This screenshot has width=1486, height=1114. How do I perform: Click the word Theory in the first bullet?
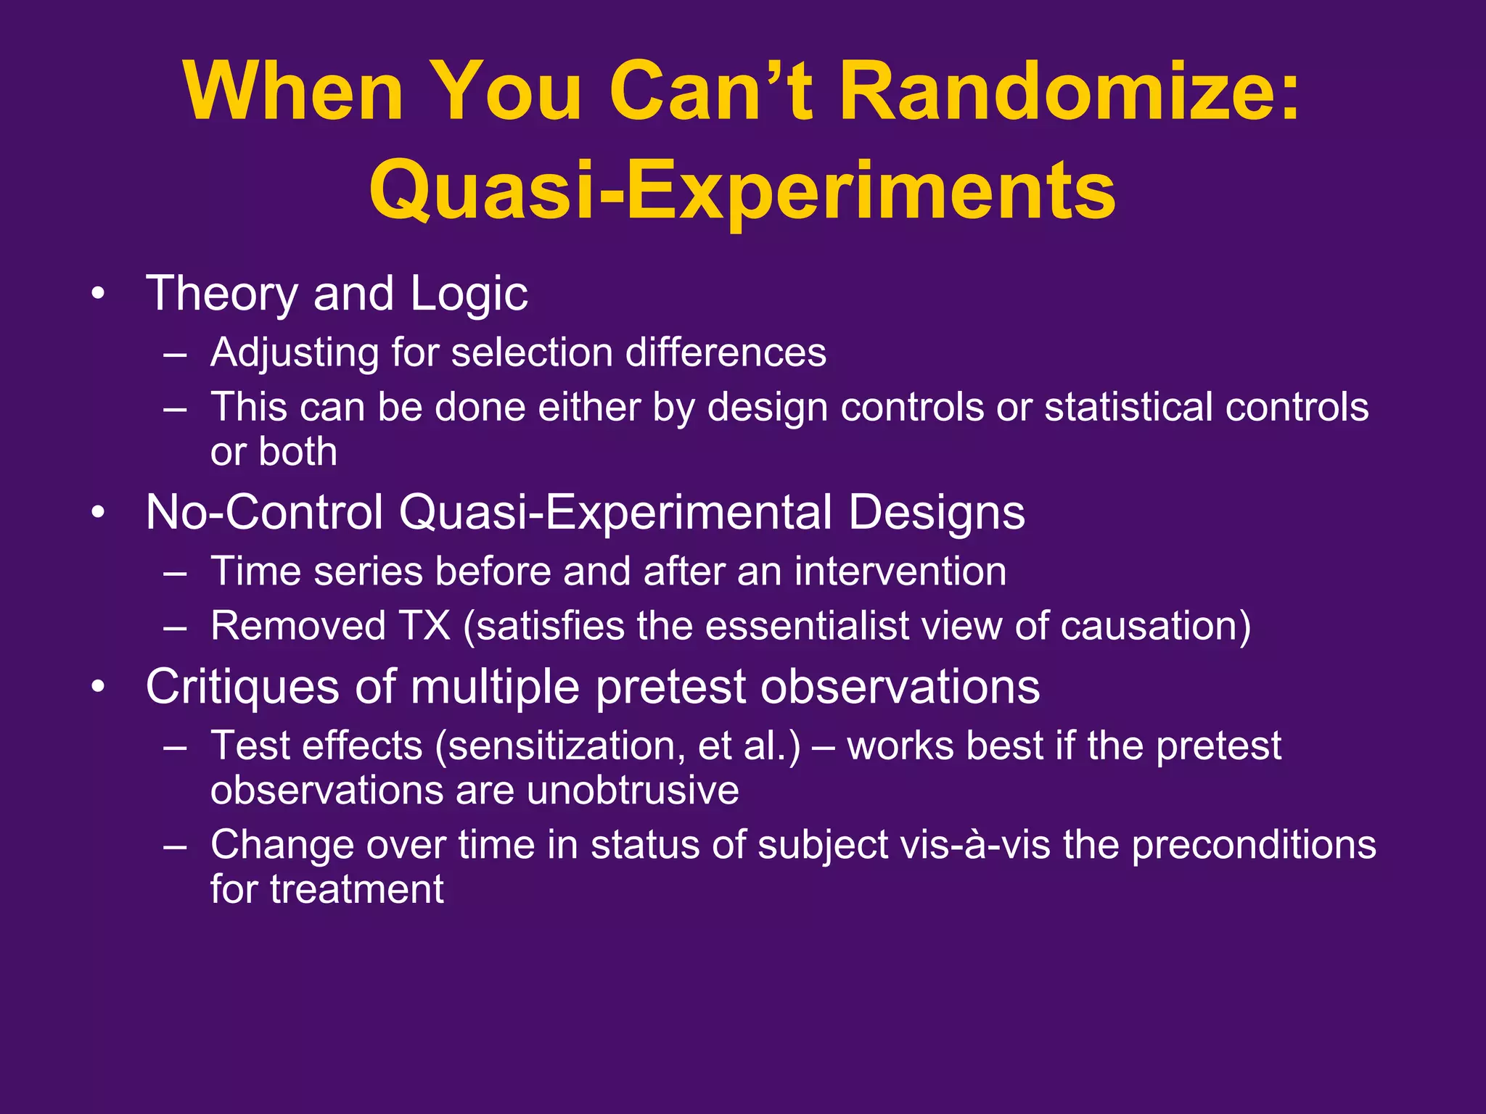point(221,294)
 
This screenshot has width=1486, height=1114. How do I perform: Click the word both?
point(298,452)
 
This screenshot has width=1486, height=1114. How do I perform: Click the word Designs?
point(936,513)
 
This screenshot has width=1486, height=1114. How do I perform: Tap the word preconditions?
point(1253,846)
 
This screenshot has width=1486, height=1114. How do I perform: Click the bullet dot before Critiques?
point(99,687)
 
